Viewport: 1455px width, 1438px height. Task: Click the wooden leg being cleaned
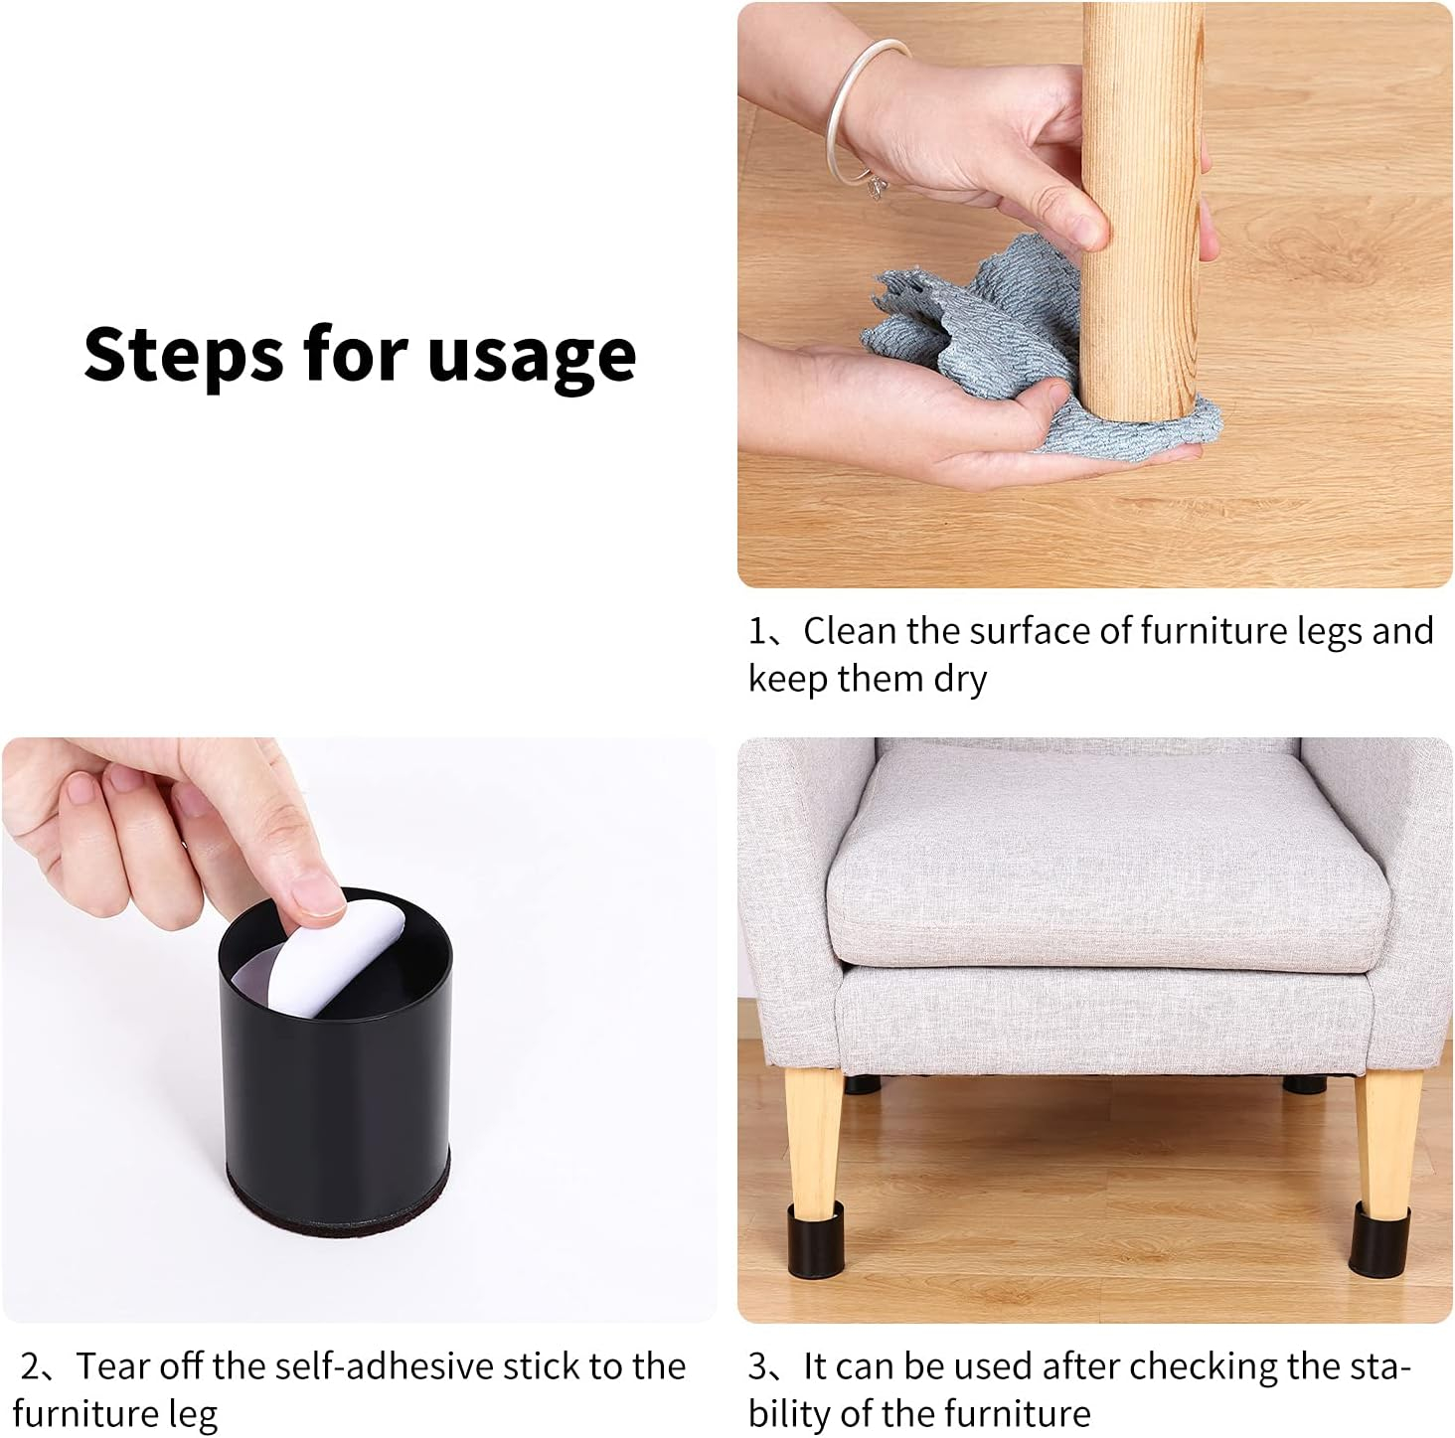pyautogui.click(x=1142, y=212)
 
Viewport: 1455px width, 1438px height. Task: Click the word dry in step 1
pyautogui.click(x=960, y=679)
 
